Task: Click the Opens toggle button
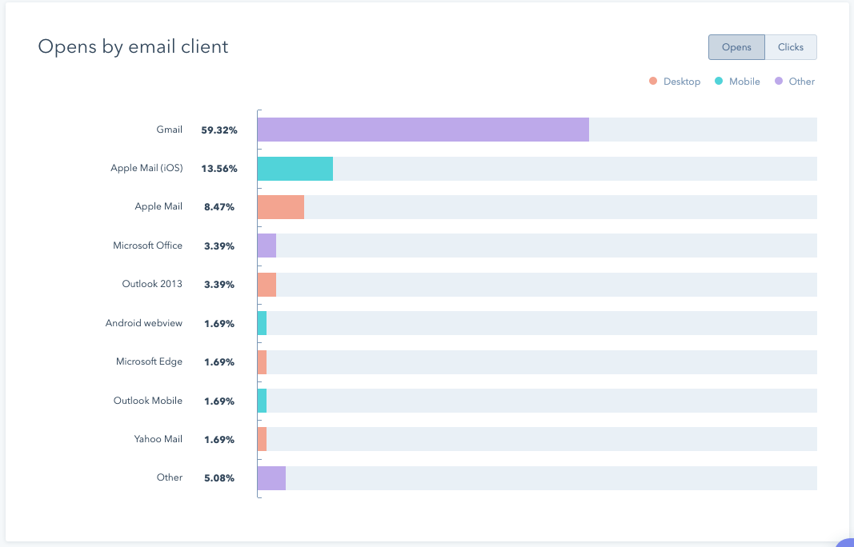click(736, 47)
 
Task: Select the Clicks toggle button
click(790, 47)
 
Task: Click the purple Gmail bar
click(423, 130)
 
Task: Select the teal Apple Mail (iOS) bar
click(295, 169)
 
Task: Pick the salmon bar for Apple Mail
click(280, 207)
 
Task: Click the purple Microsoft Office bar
click(267, 246)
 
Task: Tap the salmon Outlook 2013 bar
click(267, 285)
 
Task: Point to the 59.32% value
click(219, 130)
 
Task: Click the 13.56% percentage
click(219, 169)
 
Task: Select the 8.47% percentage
click(219, 207)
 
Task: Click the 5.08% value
click(219, 478)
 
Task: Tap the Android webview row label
click(144, 323)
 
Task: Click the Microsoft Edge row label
click(149, 361)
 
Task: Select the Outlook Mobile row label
click(148, 401)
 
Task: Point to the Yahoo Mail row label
click(158, 439)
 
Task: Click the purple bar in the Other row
click(271, 478)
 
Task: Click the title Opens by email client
click(133, 46)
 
